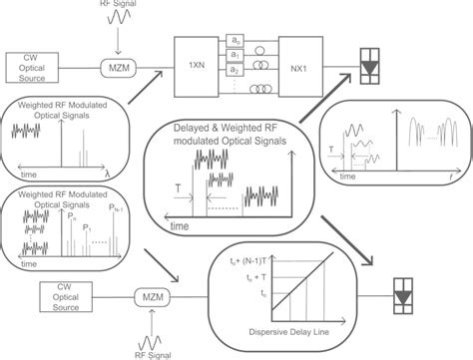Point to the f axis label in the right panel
[437, 176]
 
